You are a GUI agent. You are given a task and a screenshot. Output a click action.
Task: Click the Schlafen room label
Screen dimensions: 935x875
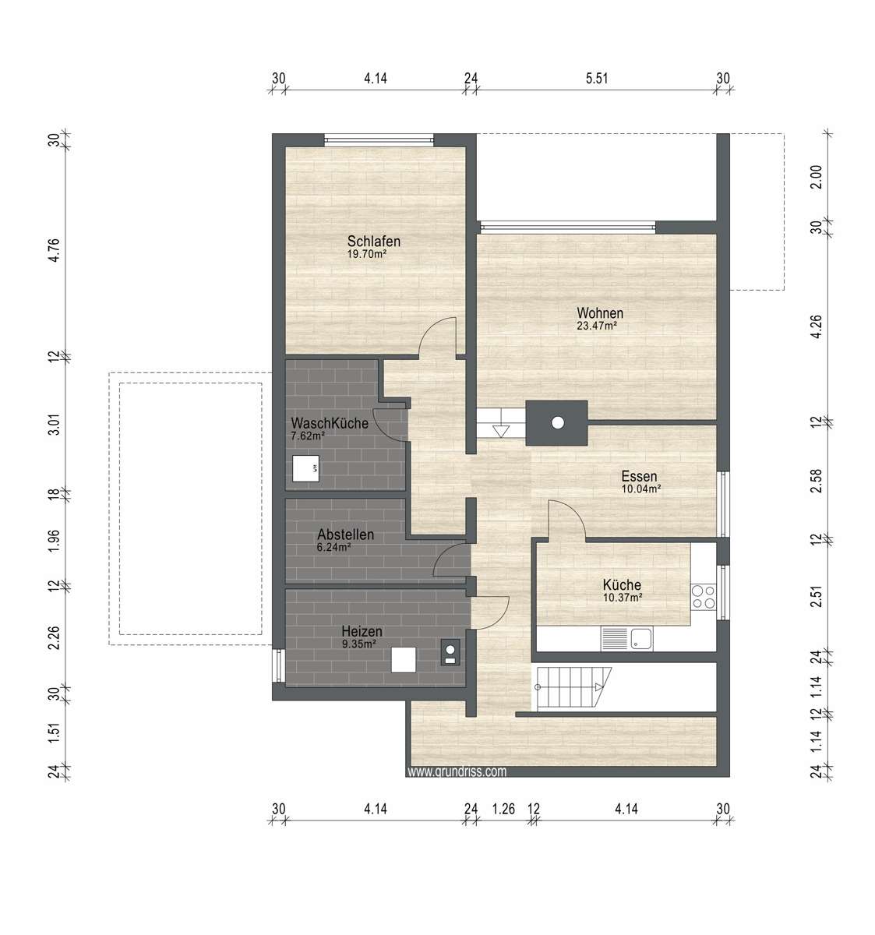374,241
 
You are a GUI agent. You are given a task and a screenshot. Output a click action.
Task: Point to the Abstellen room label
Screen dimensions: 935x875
345,535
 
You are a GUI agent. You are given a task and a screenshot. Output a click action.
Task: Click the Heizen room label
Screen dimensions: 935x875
362,631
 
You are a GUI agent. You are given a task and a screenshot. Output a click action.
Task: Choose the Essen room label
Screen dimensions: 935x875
639,476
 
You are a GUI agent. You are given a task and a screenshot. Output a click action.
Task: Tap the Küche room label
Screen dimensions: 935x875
622,585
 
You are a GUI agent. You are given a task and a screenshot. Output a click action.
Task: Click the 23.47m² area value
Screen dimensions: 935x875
597,326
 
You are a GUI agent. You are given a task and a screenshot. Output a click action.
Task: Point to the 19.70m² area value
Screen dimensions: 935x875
367,254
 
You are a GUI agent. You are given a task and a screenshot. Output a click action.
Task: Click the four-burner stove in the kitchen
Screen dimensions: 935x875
704,597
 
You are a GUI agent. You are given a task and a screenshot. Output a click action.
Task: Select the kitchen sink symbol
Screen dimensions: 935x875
640,640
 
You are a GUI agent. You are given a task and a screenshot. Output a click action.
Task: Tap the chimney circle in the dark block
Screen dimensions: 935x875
557,422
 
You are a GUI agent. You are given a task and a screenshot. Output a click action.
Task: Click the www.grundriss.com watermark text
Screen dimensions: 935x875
457,772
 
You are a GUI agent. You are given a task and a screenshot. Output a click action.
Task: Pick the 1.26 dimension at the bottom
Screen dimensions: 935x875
504,810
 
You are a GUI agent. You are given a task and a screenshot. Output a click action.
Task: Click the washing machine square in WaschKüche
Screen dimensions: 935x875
305,469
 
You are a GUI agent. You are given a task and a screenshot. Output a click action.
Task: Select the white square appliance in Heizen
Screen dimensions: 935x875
404,660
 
